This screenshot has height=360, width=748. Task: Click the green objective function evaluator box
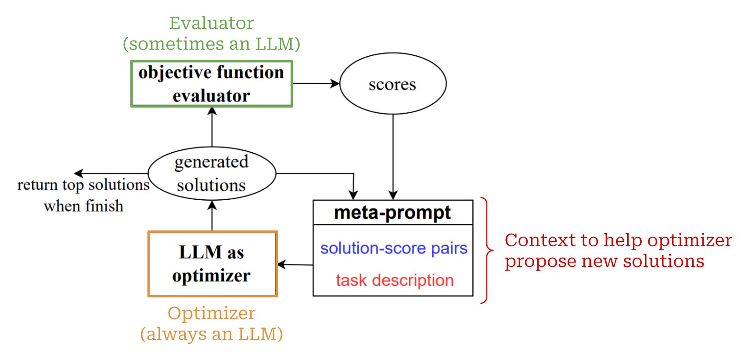(212, 84)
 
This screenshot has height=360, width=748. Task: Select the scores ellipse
(392, 84)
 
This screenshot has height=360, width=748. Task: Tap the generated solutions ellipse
(212, 173)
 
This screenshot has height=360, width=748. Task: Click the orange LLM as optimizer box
(212, 264)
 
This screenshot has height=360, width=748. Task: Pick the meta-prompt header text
(392, 212)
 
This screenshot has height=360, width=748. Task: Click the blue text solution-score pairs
(393, 248)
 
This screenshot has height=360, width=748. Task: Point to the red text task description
(394, 280)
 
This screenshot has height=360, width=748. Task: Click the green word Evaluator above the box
(212, 23)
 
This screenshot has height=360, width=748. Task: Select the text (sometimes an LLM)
(212, 44)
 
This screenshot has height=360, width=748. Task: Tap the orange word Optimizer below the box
(212, 313)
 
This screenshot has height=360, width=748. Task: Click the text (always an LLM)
(212, 334)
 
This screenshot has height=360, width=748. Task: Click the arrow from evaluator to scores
(315, 83)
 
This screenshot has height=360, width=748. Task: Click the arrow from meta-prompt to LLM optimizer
(295, 265)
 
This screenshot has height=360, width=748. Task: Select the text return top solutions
(83, 185)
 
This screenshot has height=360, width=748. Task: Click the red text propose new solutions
(604, 261)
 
